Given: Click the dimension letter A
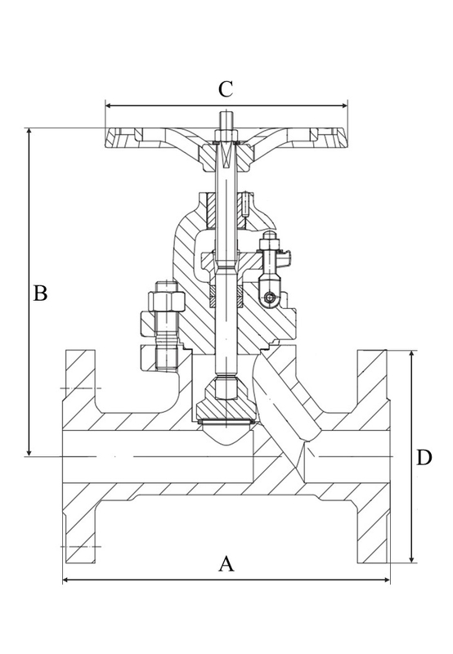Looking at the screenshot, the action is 226,563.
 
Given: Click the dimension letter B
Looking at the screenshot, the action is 40,293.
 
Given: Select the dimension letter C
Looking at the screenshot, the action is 226,89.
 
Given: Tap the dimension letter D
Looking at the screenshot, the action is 424,458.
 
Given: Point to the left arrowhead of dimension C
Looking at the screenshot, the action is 109,105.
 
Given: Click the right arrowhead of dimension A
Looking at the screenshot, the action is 387,580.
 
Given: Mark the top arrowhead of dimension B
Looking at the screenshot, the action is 29,132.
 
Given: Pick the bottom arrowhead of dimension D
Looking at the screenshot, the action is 411,558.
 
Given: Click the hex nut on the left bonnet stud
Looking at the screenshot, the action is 167,300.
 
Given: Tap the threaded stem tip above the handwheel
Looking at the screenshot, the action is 226,120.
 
